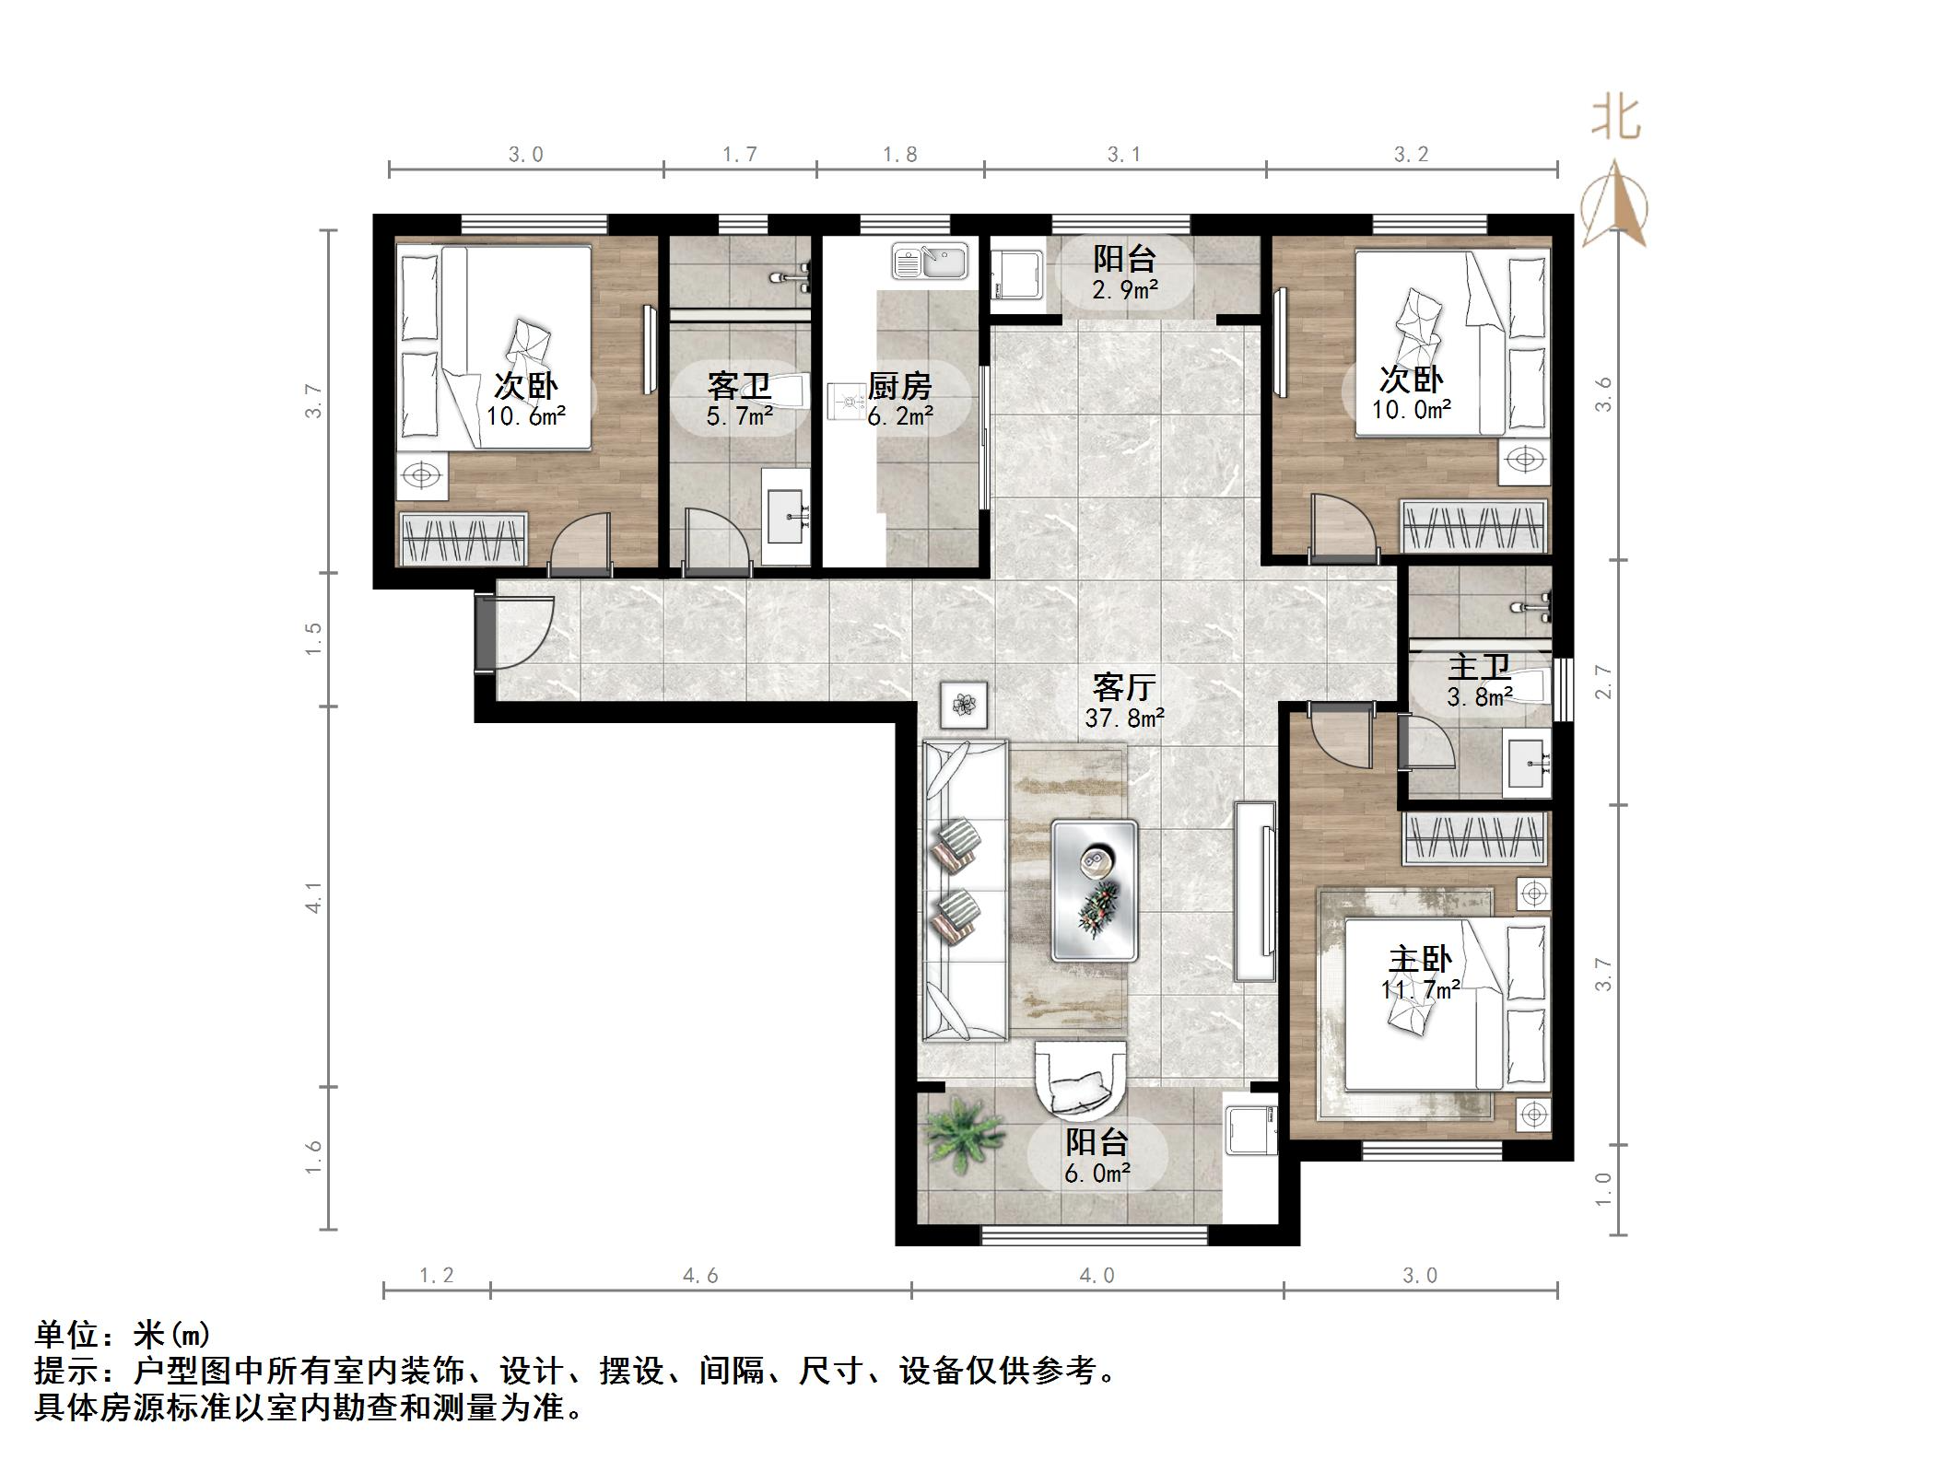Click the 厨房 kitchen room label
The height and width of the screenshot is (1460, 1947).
[899, 386]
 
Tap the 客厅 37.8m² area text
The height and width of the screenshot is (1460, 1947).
[1124, 717]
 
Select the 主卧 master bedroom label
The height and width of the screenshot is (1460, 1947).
[1420, 960]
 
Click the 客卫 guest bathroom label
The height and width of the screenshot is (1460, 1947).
[739, 386]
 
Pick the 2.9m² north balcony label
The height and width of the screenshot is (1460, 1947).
[1124, 289]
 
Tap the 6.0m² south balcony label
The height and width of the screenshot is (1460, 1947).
[1097, 1173]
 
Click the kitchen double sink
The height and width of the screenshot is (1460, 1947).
[929, 261]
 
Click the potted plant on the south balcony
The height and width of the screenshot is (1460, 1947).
[962, 1140]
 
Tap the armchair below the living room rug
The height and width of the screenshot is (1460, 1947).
[1080, 1087]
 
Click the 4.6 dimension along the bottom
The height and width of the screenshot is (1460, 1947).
[700, 1276]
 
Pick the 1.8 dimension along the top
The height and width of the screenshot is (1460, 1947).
[899, 155]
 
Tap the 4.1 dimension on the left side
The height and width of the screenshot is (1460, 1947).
[314, 897]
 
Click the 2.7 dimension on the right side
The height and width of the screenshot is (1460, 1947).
[1604, 682]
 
